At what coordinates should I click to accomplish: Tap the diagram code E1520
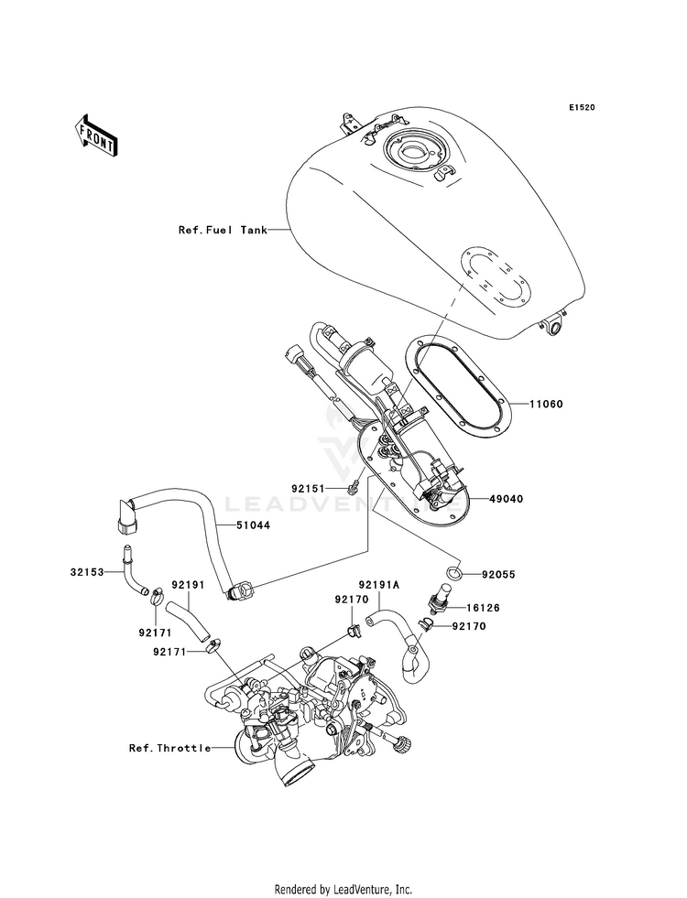[582, 107]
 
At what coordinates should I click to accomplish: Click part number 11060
[545, 405]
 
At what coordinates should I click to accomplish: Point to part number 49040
[506, 499]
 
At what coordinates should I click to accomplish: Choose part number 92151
[309, 489]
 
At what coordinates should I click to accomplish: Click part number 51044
[253, 525]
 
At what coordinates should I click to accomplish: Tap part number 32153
[88, 571]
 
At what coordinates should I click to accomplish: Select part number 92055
[498, 575]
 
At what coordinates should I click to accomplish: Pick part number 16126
[483, 608]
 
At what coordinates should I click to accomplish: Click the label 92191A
[378, 585]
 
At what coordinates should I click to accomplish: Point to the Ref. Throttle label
[169, 748]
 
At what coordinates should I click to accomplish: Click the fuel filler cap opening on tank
[414, 153]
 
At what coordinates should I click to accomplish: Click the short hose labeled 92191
[188, 622]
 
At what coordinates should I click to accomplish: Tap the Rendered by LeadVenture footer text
[343, 890]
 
